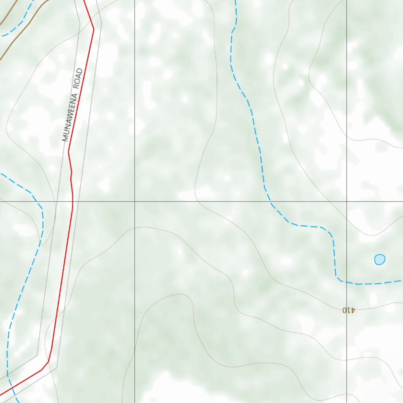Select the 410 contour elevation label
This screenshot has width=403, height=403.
[x=349, y=310]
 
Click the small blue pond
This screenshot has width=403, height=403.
[x=379, y=259]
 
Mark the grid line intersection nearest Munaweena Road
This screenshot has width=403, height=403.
[x=135, y=201]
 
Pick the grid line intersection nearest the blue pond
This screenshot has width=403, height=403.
[x=347, y=201]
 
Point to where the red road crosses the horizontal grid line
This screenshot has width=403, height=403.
[x=73, y=201]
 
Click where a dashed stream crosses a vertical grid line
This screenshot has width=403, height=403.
[x=347, y=282]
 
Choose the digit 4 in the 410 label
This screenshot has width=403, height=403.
[x=353, y=310]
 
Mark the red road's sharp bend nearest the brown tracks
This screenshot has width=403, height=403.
[x=93, y=29]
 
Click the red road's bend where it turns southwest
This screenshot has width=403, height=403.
[x=48, y=361]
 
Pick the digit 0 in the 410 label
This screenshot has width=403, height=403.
[x=345, y=310]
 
